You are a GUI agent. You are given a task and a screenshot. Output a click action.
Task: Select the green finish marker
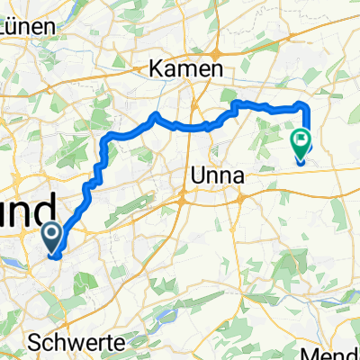pyautogui.click(x=300, y=142)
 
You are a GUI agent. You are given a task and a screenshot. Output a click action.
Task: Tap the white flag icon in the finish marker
pyautogui.click(x=300, y=139)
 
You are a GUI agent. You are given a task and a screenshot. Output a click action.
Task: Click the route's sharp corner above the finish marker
pyautogui.click(x=307, y=106)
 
